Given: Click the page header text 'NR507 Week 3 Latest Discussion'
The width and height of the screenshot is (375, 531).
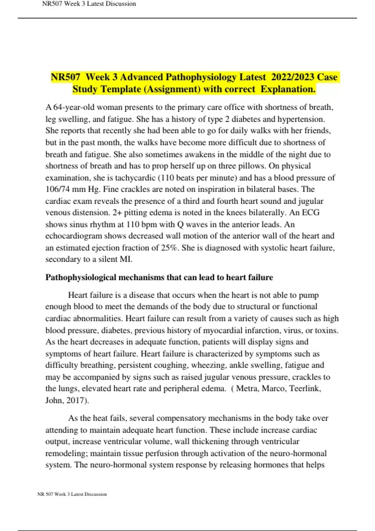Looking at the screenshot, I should coord(89,4).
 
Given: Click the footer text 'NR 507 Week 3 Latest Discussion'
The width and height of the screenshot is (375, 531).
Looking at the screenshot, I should coord(72,494).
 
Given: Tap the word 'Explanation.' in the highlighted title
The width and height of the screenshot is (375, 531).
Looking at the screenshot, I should coord(288,89).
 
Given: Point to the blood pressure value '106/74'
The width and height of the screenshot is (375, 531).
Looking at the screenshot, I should coord(57,189).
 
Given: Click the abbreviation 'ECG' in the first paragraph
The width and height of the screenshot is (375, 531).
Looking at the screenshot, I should coord(311,213).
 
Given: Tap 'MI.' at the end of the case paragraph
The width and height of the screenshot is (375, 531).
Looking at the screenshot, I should coord(126,260).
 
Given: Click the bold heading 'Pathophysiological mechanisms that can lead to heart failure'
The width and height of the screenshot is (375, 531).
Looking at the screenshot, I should coord(159,277).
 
